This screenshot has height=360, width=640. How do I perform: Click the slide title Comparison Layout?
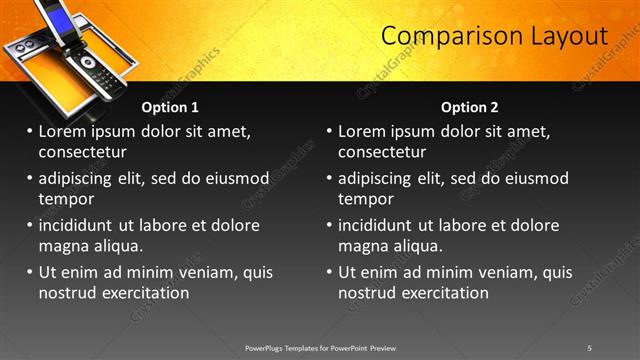[495, 36]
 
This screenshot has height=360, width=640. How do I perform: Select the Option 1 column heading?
[170, 107]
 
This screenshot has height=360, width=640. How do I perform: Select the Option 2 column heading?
[469, 107]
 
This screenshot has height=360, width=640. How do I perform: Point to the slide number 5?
[590, 347]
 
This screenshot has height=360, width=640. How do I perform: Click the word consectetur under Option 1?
[82, 152]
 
